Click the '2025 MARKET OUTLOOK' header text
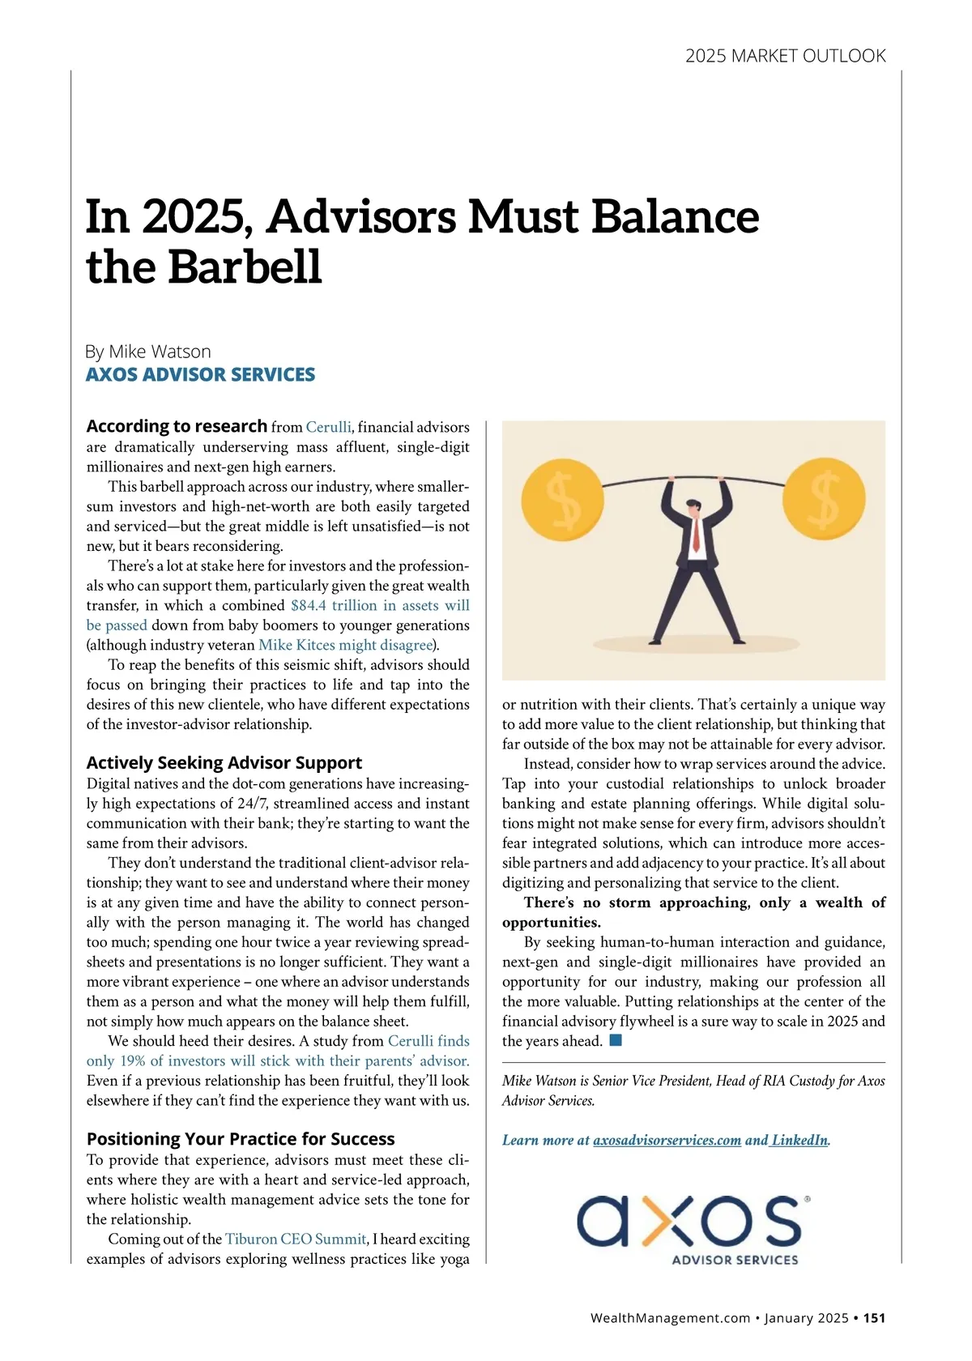(785, 56)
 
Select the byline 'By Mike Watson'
(148, 352)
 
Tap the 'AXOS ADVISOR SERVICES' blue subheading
(200, 374)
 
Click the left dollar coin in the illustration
(562, 497)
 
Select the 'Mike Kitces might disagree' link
(346, 645)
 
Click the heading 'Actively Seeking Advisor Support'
(224, 762)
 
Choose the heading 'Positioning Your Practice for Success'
(241, 1139)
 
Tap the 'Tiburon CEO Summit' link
(296, 1239)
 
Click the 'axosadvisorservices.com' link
(667, 1140)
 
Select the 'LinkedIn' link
(799, 1140)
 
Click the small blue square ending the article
(616, 1040)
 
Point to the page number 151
(874, 1318)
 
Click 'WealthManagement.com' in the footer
(670, 1318)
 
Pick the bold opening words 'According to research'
(177, 426)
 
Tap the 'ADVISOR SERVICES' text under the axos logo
(735, 1260)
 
